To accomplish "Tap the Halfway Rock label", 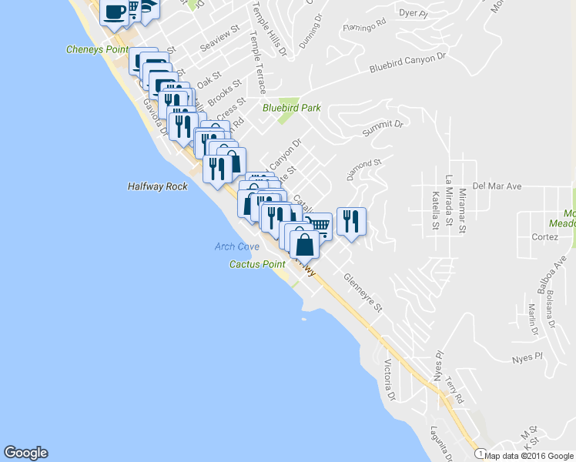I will pos(154,186).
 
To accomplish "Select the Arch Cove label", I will pos(237,246).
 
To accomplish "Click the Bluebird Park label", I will pos(291,108).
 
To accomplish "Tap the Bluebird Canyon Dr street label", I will pos(407,62).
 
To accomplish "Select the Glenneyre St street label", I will pos(363,293).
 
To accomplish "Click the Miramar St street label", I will pos(462,211).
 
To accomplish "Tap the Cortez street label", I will pos(544,237).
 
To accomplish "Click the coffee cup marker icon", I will pos(115,12).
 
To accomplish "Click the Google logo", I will pos(25,453).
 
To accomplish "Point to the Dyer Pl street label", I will pos(413,12).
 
